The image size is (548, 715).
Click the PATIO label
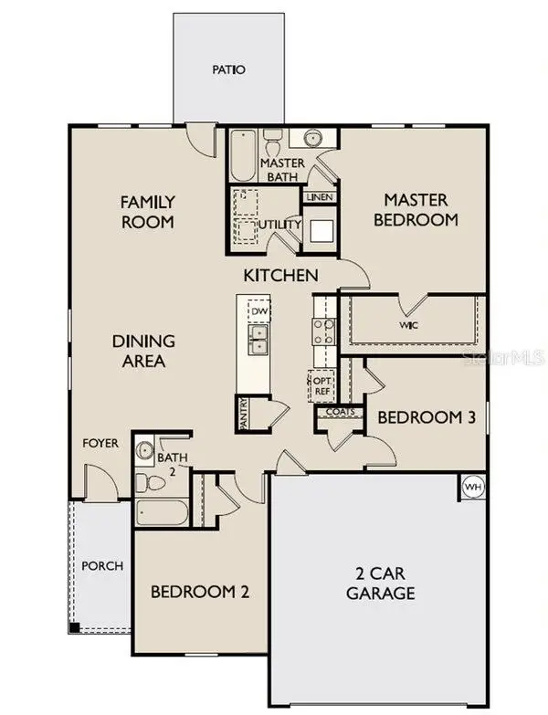click(x=229, y=69)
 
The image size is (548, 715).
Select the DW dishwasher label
click(x=259, y=311)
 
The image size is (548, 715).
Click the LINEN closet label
click(x=320, y=197)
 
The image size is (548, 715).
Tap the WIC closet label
click(x=408, y=324)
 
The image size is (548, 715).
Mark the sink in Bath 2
click(x=145, y=450)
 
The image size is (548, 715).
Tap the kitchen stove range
click(x=324, y=331)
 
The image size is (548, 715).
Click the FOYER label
click(x=100, y=443)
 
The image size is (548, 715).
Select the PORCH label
click(x=102, y=566)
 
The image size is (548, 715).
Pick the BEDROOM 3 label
click(x=427, y=417)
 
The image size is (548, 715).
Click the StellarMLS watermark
click(x=503, y=357)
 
